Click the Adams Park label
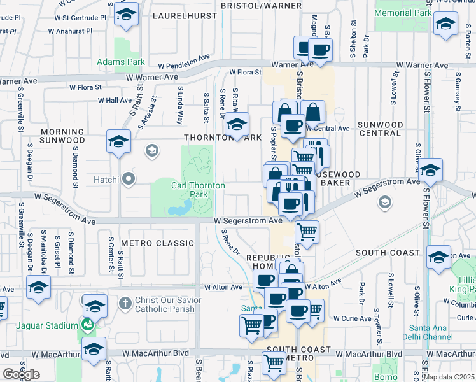[120, 62]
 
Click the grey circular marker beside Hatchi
[129, 180]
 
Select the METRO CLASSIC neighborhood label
[157, 243]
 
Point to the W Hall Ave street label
[115, 101]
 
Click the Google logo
[21, 374]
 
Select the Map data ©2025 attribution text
[449, 377]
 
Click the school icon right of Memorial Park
[445, 25]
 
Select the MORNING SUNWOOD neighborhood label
[62, 136]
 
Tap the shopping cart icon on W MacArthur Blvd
[274, 362]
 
